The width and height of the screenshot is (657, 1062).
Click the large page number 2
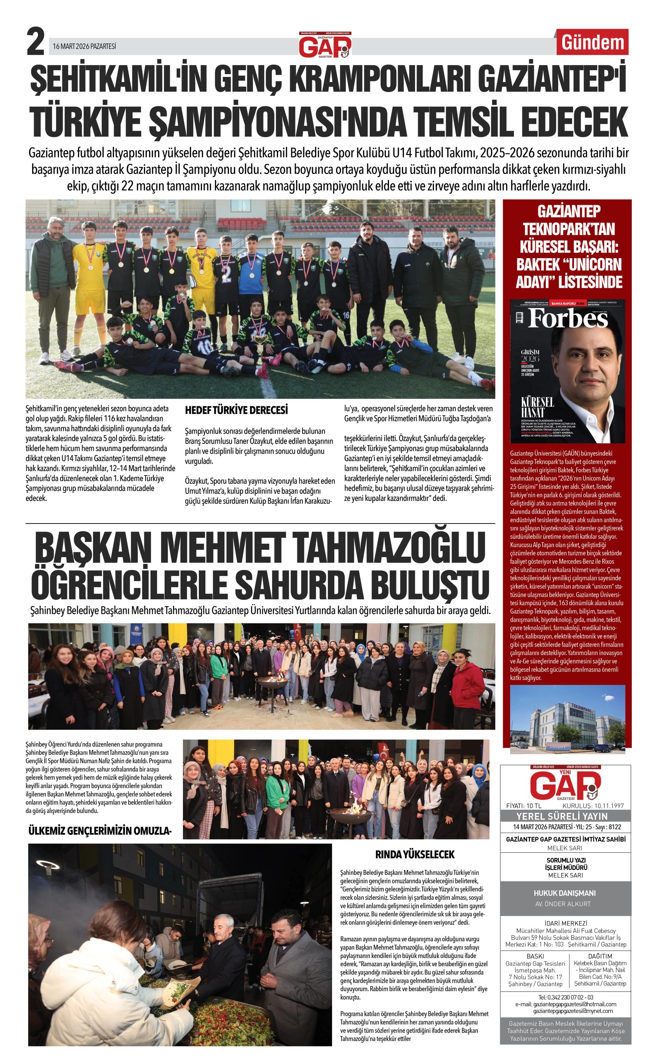tap(36, 42)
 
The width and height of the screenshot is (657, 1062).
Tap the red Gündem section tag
tap(592, 43)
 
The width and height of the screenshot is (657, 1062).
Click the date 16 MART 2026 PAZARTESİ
tap(84, 46)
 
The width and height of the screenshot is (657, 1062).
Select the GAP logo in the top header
tap(325, 45)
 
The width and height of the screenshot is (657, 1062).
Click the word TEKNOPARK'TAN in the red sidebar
tap(568, 229)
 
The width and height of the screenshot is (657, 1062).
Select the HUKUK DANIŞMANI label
tap(564, 893)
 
